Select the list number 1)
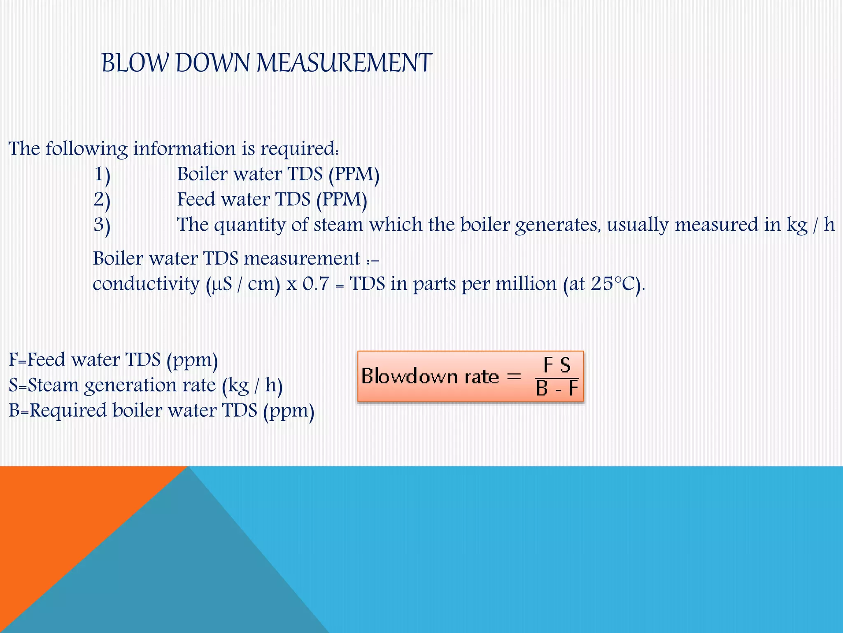102,174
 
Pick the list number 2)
102,200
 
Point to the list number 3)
102,225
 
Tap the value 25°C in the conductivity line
613,284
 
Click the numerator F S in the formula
557,365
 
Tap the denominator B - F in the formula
557,388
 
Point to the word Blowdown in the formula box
409,376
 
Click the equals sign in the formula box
514,376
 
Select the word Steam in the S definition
53,385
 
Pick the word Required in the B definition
68,411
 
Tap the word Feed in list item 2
196,199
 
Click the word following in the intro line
86,149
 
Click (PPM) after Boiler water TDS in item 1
354,174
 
